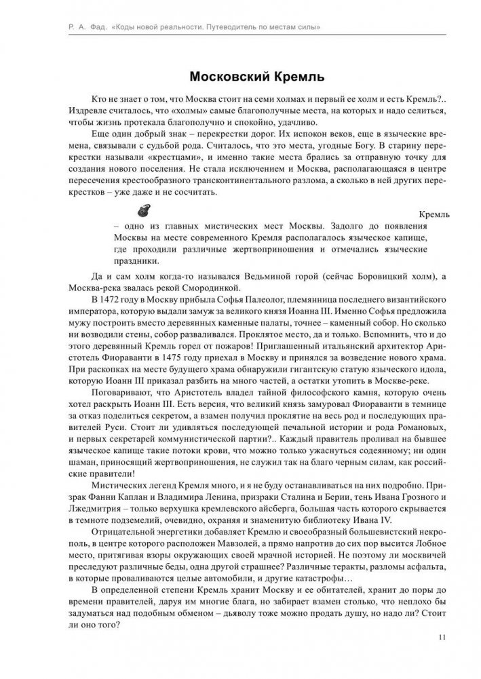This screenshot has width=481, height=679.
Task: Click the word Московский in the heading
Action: [x=224, y=73]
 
